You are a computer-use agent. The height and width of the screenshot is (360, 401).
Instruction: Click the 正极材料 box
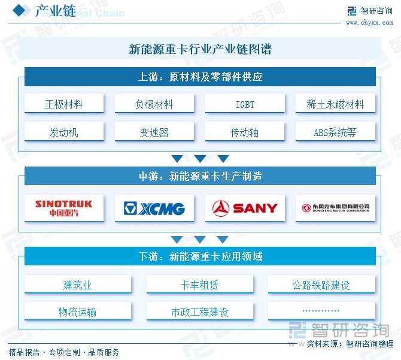point(64,104)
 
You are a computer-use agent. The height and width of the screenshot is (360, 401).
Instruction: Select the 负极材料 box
point(154,104)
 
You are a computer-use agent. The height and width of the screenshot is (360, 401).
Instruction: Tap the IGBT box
point(245,104)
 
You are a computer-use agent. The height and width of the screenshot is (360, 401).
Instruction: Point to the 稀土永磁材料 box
point(335,104)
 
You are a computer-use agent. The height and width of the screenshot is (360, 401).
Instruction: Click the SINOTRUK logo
point(64,208)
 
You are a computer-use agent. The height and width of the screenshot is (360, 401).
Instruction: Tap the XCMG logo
point(154,208)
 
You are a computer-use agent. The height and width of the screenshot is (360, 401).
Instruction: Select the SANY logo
point(245,208)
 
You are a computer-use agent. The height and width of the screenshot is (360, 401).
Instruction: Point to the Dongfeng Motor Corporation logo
point(335,208)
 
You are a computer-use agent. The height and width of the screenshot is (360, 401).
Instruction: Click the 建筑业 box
point(78,285)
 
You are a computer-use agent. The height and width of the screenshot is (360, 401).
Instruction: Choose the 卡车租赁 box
point(200,285)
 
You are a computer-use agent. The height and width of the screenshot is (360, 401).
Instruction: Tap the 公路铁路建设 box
point(321,285)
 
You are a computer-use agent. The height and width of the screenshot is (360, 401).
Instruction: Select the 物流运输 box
point(78,312)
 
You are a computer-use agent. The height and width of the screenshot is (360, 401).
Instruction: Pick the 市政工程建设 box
point(200,312)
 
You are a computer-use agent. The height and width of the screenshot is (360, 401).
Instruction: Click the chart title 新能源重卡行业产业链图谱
point(200,49)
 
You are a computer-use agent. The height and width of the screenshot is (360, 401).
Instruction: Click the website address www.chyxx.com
point(369,23)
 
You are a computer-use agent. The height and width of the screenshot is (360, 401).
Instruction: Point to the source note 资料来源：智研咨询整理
point(350,344)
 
